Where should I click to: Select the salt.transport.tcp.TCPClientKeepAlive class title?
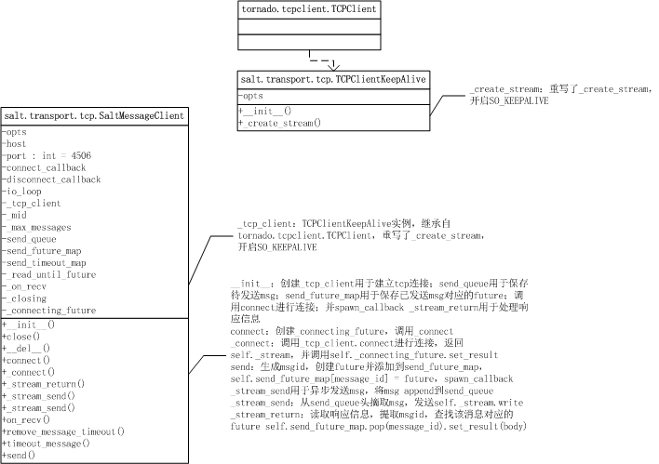pos(332,81)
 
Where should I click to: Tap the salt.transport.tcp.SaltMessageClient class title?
pos(93,116)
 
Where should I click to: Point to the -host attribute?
pos(17,144)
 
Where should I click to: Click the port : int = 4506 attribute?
pos(47,155)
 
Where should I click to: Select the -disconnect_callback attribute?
pos(52,179)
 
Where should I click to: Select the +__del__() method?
pos(28,348)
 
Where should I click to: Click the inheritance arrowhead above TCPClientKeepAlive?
pos(333,66)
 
